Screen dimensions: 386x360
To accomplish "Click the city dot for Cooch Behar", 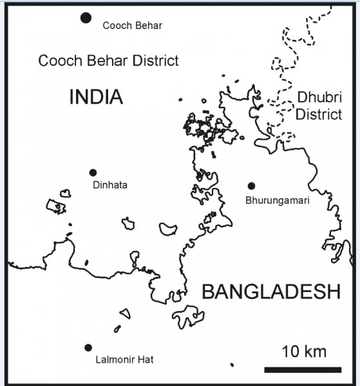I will pyautogui.click(x=86, y=17).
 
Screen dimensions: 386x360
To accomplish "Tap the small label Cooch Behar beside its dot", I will pyautogui.click(x=132, y=26).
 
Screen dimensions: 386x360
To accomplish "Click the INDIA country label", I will pyautogui.click(x=95, y=97).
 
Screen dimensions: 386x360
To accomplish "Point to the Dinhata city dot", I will pyautogui.click(x=93, y=172).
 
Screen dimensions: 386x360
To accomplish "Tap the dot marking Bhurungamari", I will pyautogui.click(x=251, y=186).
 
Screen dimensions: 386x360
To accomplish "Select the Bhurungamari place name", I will pyautogui.click(x=278, y=200).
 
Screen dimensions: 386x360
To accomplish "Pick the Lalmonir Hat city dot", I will pyautogui.click(x=88, y=347).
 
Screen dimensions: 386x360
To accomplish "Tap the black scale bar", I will pyautogui.click(x=303, y=369).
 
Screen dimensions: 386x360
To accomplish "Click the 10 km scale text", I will pyautogui.click(x=304, y=351).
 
